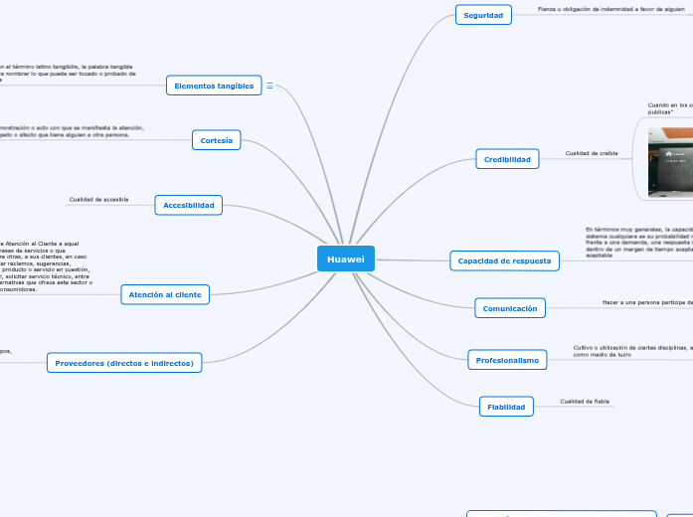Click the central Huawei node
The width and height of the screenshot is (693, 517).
coord(346,258)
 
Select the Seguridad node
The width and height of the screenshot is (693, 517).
coord(483,15)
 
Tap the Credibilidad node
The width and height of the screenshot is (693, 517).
coord(507,158)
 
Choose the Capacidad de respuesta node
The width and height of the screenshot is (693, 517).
coord(505,260)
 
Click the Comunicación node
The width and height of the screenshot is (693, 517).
coord(510,308)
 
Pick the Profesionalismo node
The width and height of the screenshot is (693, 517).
coord(507,360)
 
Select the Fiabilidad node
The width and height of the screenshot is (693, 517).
coord(506,406)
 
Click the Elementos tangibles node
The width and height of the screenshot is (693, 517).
coord(214,86)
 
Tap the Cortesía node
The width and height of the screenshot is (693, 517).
coord(217,140)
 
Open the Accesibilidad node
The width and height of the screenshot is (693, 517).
coord(189,205)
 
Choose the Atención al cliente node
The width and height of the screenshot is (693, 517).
coord(165,294)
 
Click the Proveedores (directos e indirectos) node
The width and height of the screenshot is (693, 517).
coord(124,363)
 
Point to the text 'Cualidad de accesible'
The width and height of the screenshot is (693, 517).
coord(98,200)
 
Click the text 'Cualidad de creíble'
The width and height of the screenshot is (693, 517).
coord(592,153)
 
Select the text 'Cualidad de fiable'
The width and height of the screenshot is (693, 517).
coord(585,402)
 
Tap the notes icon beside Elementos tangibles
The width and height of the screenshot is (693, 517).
coord(270,86)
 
